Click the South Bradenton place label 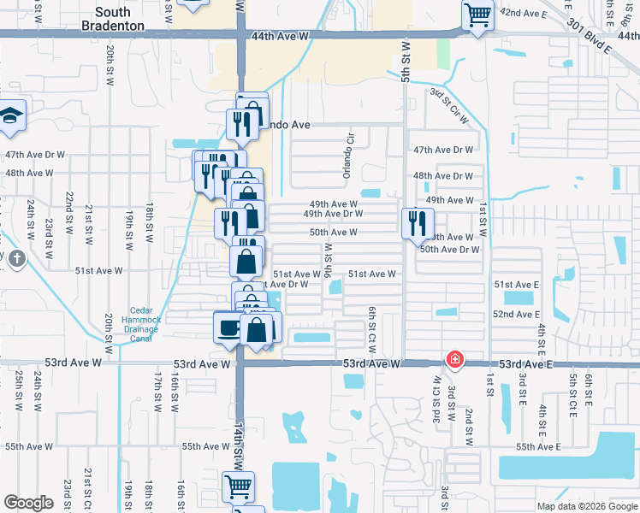click(125, 13)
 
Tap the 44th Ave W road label click(281, 36)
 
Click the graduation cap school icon click(12, 116)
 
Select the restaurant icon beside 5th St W click(417, 223)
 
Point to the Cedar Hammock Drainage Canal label click(133, 324)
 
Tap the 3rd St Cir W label click(449, 106)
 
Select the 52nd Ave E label click(515, 315)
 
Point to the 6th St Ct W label click(372, 329)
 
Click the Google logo click(29, 503)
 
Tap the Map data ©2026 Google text click(587, 506)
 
